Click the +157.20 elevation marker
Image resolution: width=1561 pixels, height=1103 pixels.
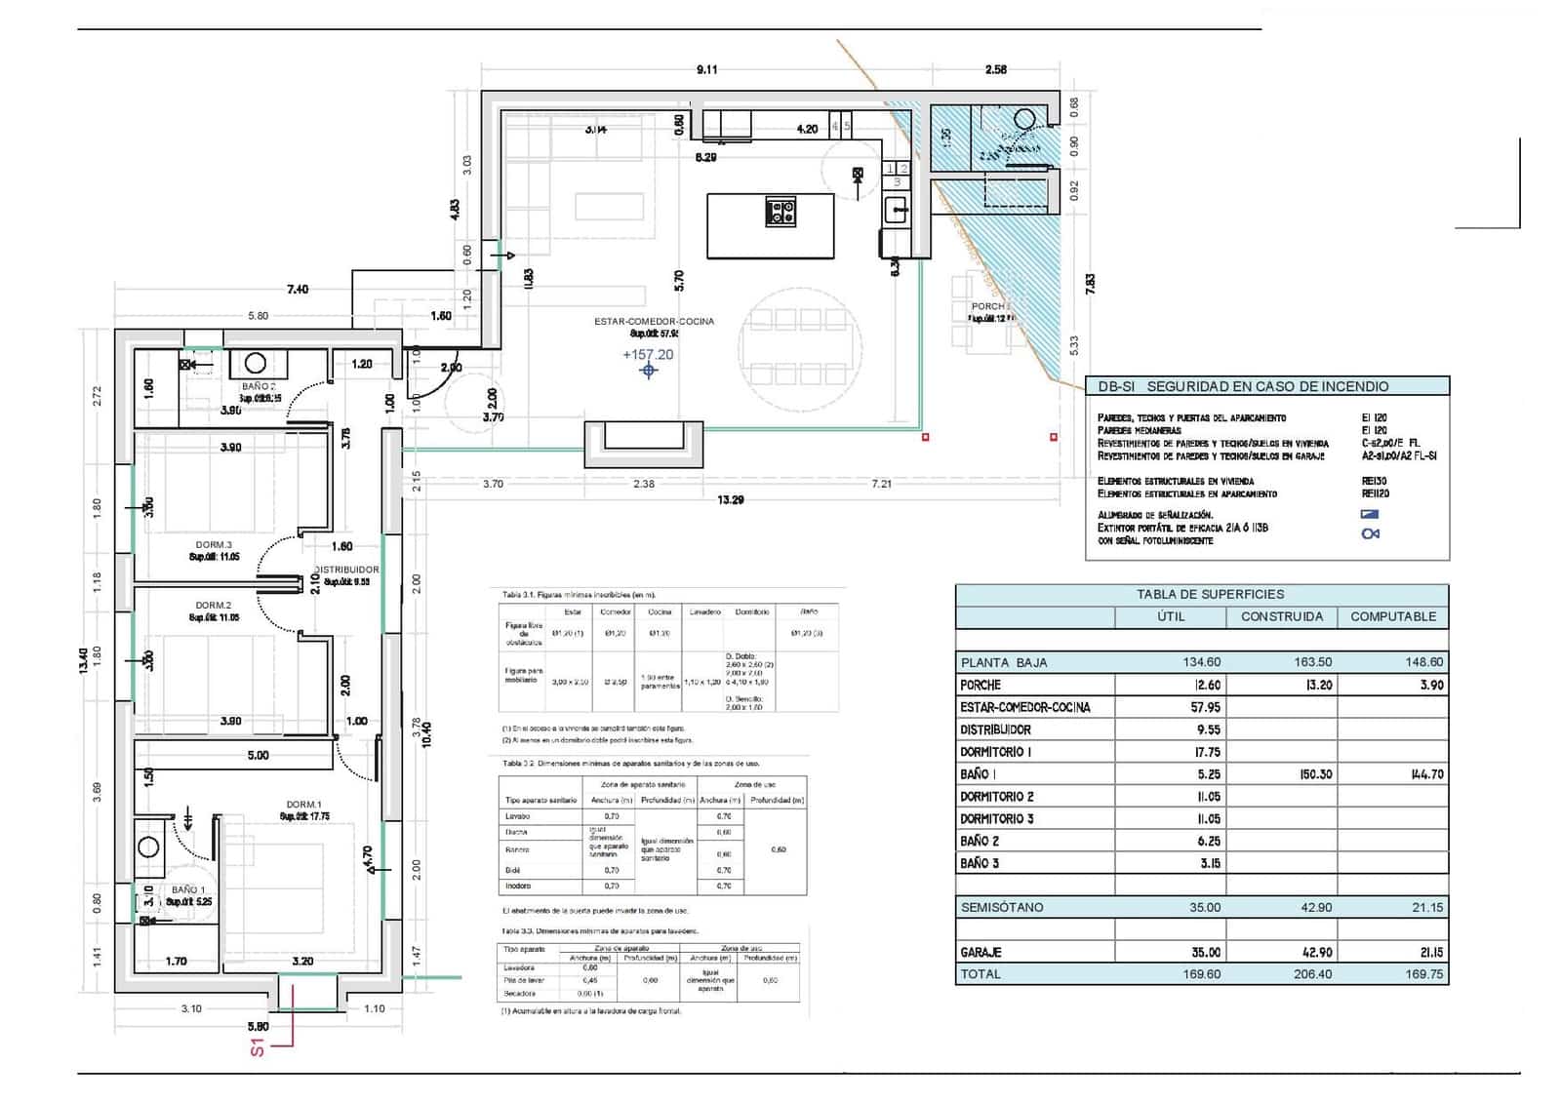[x=648, y=355]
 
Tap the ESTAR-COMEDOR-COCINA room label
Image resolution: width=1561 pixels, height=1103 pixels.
[x=654, y=321]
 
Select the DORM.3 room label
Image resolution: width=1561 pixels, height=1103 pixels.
[x=214, y=545]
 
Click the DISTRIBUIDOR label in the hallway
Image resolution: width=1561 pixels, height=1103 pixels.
[x=346, y=570]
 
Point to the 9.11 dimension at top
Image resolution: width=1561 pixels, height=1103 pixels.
[x=706, y=69]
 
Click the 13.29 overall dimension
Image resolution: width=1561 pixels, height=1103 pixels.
[x=730, y=500]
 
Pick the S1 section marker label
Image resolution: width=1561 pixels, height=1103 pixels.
[x=258, y=1047]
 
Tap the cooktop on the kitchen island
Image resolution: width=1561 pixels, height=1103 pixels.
[x=780, y=211]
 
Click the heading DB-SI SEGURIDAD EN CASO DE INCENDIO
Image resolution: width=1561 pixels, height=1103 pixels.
[x=1243, y=386]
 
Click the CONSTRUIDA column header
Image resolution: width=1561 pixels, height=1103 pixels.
[x=1281, y=616]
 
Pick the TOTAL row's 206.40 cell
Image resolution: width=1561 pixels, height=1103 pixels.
[x=1312, y=973]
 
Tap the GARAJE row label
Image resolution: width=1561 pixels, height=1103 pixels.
[x=981, y=952]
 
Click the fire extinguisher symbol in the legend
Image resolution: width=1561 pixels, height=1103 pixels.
[x=1371, y=533]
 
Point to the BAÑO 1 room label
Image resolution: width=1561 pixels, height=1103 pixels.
[x=188, y=889]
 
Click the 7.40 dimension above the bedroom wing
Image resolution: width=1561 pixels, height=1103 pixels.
[x=298, y=289]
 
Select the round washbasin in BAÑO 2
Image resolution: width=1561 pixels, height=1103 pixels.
[x=255, y=364]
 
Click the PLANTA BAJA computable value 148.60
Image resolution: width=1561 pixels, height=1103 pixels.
[x=1424, y=662]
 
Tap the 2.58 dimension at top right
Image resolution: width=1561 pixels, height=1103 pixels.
[x=995, y=69]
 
